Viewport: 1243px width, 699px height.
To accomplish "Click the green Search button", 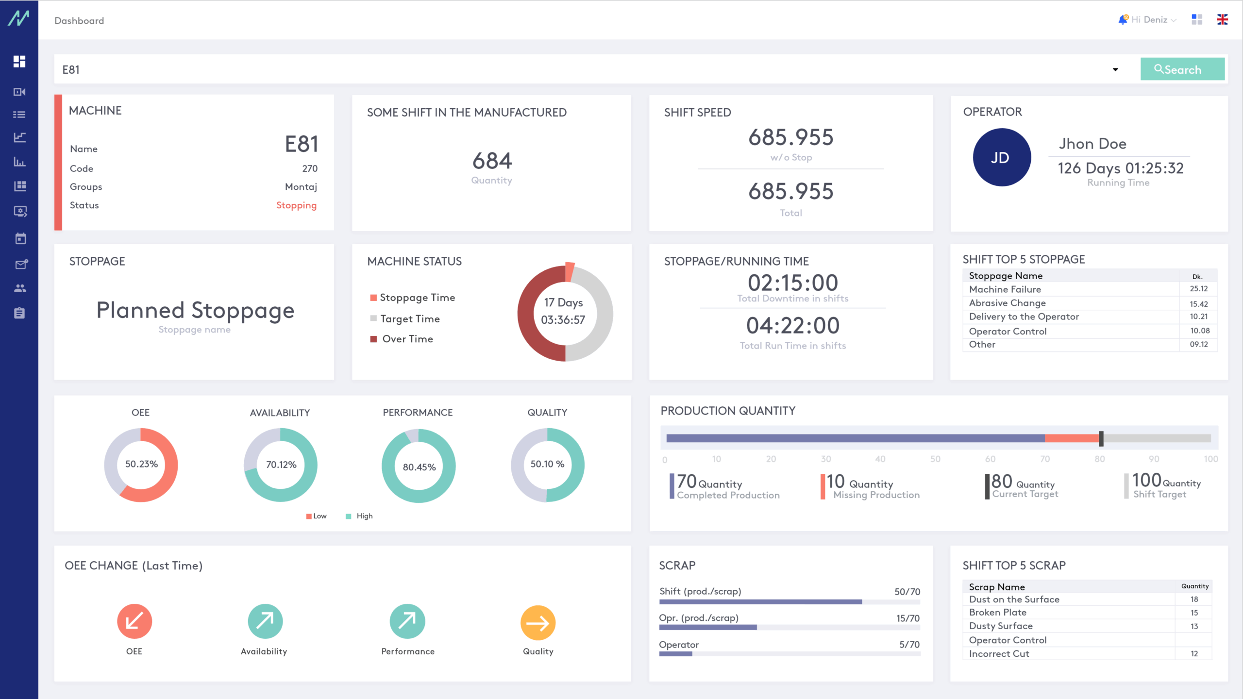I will click(x=1182, y=69).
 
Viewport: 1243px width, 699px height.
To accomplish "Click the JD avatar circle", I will click(x=1001, y=157).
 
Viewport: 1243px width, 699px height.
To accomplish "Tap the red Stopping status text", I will click(x=296, y=205).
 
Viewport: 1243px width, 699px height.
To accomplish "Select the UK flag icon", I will click(x=1222, y=19).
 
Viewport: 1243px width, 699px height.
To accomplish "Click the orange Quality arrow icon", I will click(x=538, y=622).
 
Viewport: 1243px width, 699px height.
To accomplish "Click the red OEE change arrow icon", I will click(x=134, y=621).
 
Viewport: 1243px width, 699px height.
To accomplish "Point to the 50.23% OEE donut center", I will click(x=141, y=464).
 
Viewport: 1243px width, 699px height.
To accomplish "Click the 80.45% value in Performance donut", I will click(x=419, y=467).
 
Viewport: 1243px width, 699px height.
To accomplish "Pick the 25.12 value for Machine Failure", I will click(x=1198, y=289).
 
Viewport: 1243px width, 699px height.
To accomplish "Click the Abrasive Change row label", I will click(x=1007, y=303).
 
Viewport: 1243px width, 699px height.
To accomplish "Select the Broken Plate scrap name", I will click(x=997, y=613).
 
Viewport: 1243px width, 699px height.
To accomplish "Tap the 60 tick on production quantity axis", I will click(x=990, y=459).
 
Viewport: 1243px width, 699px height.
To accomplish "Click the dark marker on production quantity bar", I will click(x=1101, y=438).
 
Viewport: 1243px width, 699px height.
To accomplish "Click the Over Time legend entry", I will click(x=407, y=339).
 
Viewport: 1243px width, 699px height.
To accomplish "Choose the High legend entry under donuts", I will click(x=364, y=516).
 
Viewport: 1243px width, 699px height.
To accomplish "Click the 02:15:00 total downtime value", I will click(x=792, y=283).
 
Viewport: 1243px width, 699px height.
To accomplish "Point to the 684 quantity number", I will click(x=492, y=161).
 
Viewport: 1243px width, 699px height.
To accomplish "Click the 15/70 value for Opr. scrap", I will click(x=907, y=618).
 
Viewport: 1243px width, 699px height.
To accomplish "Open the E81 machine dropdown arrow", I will click(x=1115, y=69).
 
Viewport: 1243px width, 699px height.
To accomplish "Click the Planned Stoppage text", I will click(x=195, y=310).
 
